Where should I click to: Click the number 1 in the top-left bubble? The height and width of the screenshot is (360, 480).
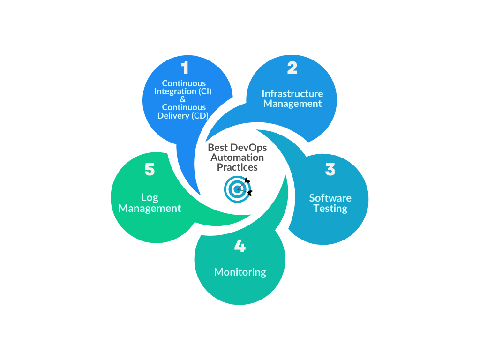pos(185,68)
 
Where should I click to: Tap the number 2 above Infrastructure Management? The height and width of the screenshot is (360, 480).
pos(292,68)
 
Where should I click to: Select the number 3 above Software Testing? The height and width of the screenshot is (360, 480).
pos(330,169)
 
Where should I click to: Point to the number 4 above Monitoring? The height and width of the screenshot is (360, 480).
pos(240,246)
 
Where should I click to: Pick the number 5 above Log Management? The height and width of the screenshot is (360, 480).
pos(150,169)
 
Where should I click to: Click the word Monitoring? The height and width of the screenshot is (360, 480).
pos(240,272)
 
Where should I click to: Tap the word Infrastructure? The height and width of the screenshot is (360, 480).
pos(292,93)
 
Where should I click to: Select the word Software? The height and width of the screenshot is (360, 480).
pos(330,198)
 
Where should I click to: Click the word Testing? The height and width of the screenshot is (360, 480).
pos(330,209)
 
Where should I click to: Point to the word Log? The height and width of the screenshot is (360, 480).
pos(150,198)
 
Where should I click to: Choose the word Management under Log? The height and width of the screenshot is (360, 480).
pos(150,208)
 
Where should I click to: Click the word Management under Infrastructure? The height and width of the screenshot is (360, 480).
pos(292,104)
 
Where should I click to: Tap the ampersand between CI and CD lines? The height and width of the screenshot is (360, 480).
pos(183,99)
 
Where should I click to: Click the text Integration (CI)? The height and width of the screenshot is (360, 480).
pos(183,91)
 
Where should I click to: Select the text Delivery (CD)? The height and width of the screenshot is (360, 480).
pos(183,115)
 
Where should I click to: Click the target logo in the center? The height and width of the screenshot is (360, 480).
pos(238,188)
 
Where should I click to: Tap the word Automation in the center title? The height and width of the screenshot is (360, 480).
pos(237,157)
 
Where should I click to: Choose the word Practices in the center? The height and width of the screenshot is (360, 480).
pos(237,167)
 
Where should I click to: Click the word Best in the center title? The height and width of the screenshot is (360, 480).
pos(217,148)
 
